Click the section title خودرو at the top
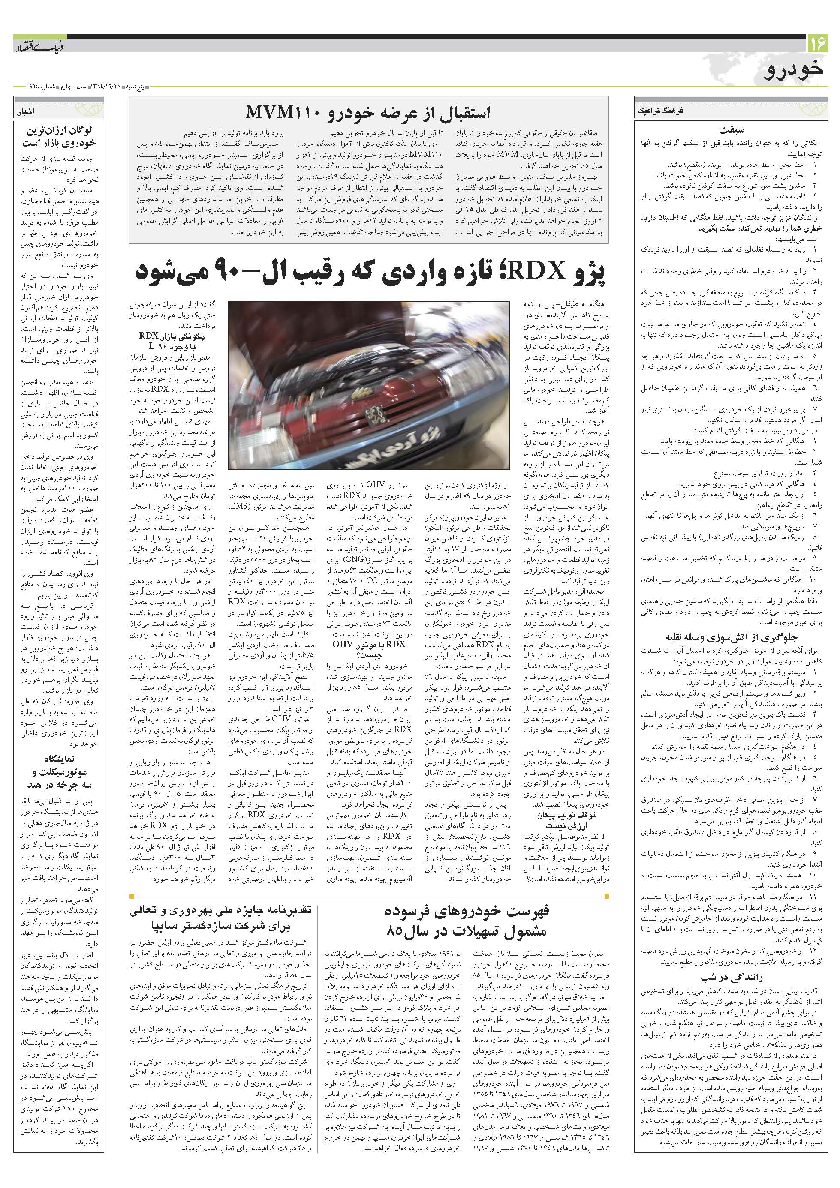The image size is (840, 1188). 795,71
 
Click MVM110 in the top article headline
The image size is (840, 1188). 275,112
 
